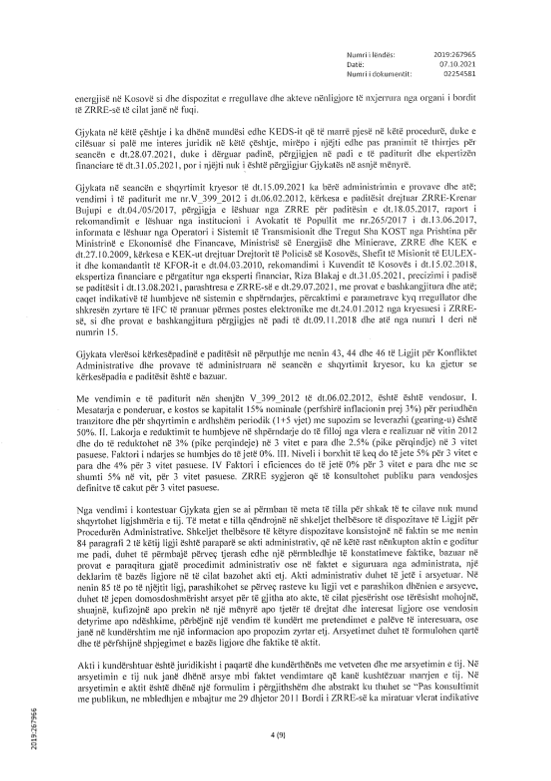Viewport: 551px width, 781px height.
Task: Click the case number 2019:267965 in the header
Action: (455, 55)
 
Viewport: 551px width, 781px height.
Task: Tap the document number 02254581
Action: (459, 73)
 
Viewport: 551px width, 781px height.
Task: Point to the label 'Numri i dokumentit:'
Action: (379, 73)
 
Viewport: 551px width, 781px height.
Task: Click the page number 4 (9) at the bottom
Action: (275, 734)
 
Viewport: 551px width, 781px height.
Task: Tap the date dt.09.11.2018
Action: (325, 323)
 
